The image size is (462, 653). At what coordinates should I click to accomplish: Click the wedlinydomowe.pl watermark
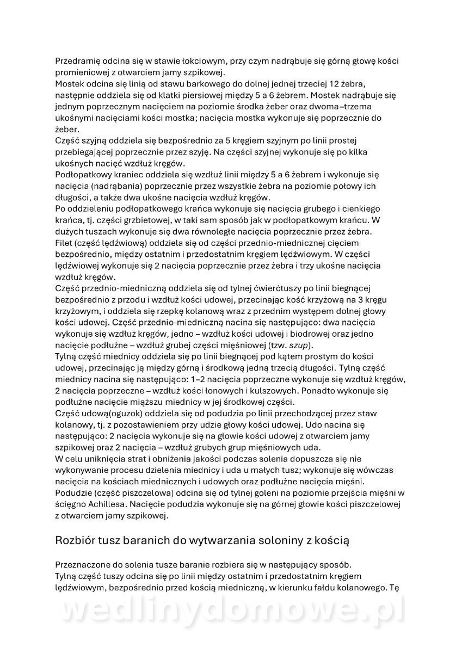231,613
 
